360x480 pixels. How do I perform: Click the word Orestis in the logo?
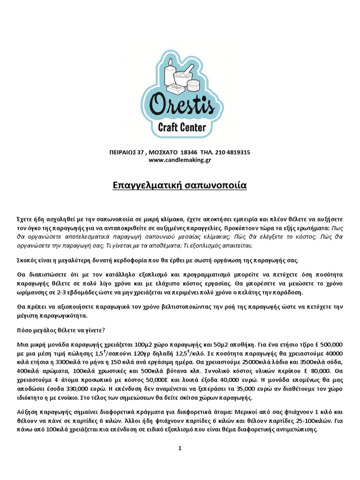pyautogui.click(x=181, y=106)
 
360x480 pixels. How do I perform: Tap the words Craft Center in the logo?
pyautogui.click(x=182, y=127)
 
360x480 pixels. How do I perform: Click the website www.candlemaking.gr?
pyautogui.click(x=180, y=160)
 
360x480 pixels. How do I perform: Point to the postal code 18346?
pyautogui.click(x=189, y=152)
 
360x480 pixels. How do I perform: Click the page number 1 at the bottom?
pyautogui.click(x=180, y=449)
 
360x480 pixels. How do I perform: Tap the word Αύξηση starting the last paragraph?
pyautogui.click(x=26, y=412)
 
